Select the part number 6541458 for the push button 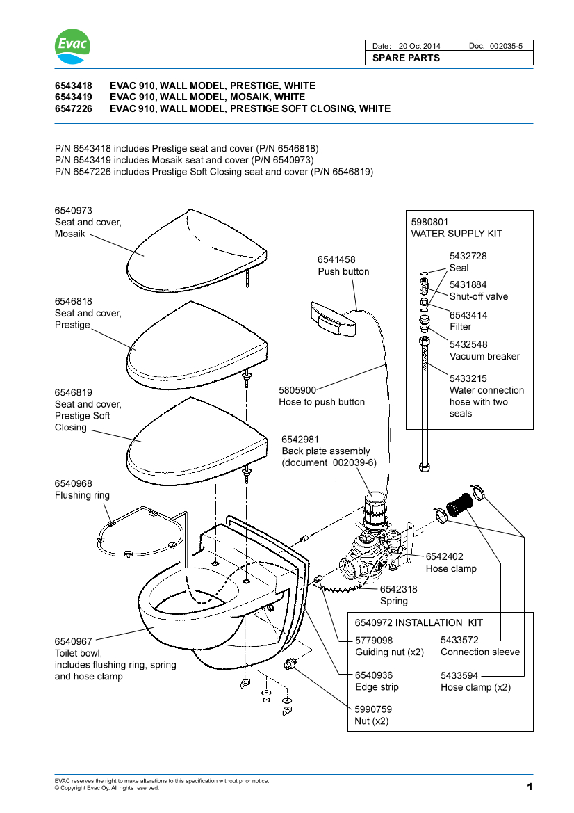click(336, 259)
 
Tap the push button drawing click(332, 319)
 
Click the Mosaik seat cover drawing click(197, 250)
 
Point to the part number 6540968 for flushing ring click(73, 483)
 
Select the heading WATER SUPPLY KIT click(457, 234)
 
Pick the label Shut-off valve click(478, 296)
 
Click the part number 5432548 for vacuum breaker click(468, 344)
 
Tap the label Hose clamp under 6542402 click(451, 568)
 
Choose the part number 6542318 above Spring click(398, 589)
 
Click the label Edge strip click(377, 687)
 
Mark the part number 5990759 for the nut click(373, 709)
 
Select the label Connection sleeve click(479, 652)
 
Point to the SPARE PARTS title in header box click(406, 58)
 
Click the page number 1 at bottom click(529, 787)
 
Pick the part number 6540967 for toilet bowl click(73, 641)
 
